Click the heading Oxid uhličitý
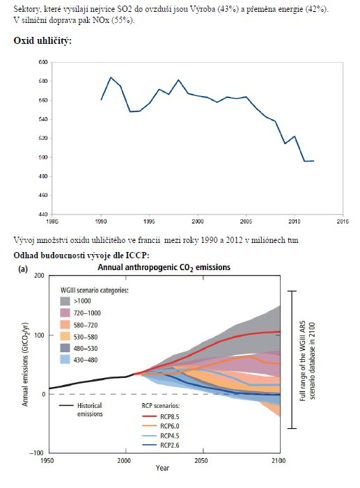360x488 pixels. coord(42,41)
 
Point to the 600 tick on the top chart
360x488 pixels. coord(43,62)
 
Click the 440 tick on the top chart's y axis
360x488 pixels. coord(43,214)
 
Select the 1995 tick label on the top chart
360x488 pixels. coord(150,221)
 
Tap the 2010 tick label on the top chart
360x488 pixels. coord(295,221)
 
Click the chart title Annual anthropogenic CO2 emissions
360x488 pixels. coord(164,267)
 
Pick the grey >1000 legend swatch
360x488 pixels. coord(65,301)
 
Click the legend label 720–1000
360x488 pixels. coord(87,313)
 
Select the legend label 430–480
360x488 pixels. coord(86,360)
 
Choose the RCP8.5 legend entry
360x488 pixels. coord(161,417)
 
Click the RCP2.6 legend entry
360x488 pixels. coord(161,446)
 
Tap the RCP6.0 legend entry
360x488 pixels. coord(161,426)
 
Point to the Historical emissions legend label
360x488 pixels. coord(90,410)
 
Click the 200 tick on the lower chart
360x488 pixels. coord(40,276)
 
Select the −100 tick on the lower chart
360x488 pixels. coord(37,452)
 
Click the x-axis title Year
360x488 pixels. coord(162,468)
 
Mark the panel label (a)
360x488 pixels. coord(23,269)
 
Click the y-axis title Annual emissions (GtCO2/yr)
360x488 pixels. coord(25,364)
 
